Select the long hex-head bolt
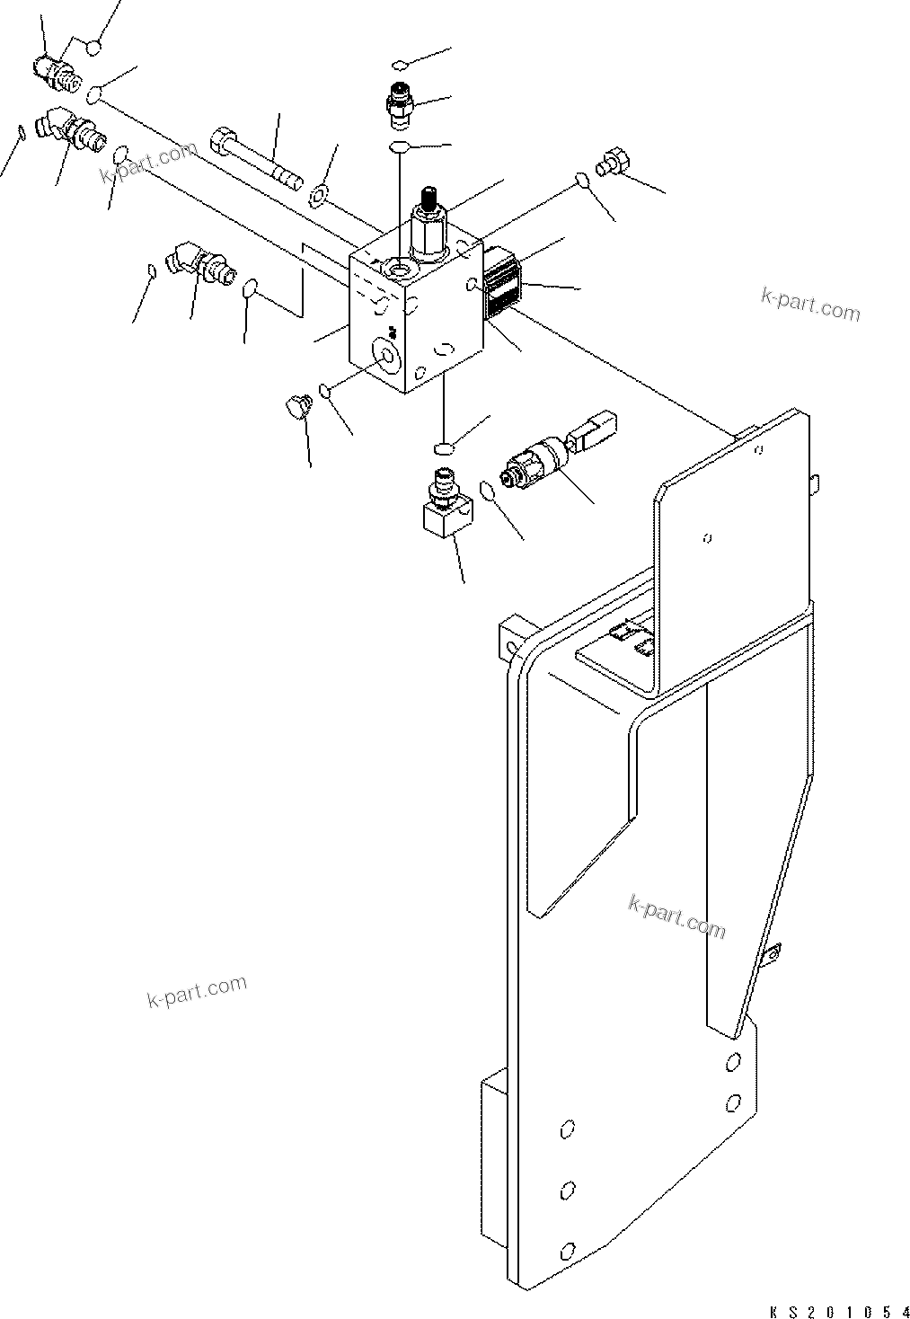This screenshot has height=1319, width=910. [253, 159]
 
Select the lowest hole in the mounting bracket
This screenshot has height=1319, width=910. [566, 1250]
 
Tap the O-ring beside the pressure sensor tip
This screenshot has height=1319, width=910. [488, 490]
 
